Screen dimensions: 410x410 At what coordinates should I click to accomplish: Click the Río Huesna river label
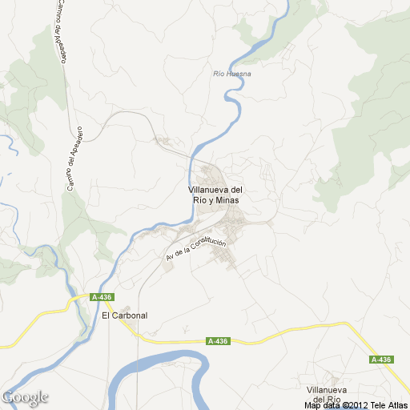(233, 74)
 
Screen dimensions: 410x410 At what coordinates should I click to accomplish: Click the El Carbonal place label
(125, 315)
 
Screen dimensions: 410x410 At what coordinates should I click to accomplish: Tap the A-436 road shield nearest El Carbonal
(102, 297)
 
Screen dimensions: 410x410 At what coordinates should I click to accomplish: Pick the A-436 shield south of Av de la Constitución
(218, 341)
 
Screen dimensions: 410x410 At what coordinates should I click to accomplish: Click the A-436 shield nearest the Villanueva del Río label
(381, 360)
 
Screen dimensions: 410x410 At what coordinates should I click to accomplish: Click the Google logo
(25, 397)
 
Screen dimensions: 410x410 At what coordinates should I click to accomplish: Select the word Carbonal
(130, 315)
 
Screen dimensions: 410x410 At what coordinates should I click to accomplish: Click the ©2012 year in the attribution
(356, 405)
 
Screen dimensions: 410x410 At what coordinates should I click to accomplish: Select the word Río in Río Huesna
(220, 74)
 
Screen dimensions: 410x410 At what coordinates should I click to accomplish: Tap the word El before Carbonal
(106, 315)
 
